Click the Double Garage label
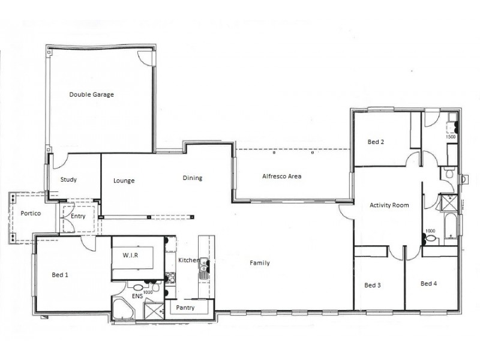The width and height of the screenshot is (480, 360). pos(91,95)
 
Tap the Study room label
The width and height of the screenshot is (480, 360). pos(68,179)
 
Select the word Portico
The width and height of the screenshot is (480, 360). pos(30,213)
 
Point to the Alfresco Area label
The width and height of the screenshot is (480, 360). pos(281,176)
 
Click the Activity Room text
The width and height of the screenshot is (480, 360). pos(389,205)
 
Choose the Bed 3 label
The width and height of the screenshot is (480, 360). pos(373,286)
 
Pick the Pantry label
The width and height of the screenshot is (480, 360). pos(185,308)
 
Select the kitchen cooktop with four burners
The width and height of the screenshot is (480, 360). pos(170,277)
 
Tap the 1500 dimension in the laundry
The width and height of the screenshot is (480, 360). pos(451,137)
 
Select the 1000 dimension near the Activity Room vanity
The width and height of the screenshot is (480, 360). pos(430,231)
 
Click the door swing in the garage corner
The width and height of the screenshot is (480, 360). pos(144,57)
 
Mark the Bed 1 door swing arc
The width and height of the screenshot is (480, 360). pos(88,242)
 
